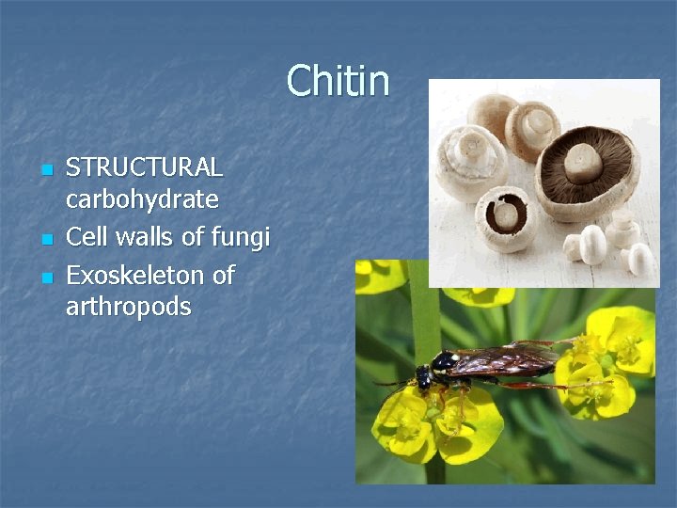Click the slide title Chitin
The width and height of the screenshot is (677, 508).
pos(338,81)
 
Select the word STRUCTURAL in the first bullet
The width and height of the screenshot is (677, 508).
pos(144,167)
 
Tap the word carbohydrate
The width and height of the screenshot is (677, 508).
pos(142,199)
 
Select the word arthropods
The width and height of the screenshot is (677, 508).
pos(128,307)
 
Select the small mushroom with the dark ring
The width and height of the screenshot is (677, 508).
pos(508,216)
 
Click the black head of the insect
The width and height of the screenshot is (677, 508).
pos(424,374)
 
